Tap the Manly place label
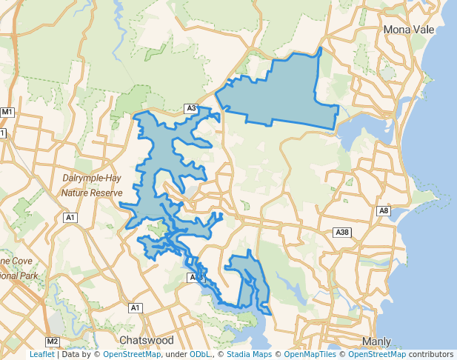[377, 341]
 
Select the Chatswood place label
[146, 340]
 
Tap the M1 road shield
[8, 112]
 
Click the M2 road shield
[52, 341]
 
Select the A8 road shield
[384, 211]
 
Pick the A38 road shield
[342, 233]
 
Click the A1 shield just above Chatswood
[135, 307]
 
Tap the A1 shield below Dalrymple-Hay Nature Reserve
[71, 218]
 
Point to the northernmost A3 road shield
[191, 109]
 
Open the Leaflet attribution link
[41, 354]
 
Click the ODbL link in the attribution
[199, 354]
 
